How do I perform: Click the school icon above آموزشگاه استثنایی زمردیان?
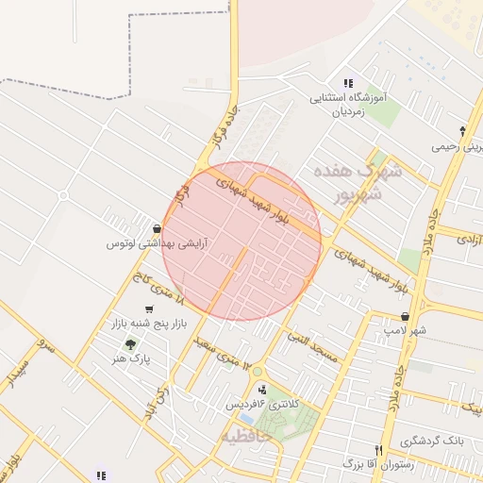pos(349,83)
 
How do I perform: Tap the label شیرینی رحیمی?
pos(458,146)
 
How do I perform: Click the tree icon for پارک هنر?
pos(130,344)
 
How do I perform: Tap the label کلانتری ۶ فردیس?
pos(261,404)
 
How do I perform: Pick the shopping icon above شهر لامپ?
pos(405,316)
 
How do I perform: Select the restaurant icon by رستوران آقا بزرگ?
pos(378,450)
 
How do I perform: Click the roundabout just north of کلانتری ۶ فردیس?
pos(256,370)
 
